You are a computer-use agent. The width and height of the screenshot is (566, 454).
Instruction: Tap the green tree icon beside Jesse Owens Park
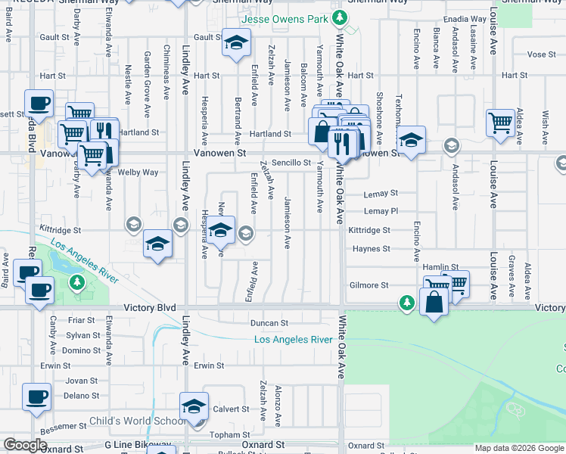(341, 17)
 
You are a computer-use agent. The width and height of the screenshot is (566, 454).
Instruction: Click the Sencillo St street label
(291, 163)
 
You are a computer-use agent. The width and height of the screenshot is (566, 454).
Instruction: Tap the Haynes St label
(370, 249)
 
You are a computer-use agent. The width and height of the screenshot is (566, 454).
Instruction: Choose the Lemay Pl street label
(380, 211)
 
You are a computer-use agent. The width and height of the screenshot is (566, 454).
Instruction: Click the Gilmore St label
(369, 285)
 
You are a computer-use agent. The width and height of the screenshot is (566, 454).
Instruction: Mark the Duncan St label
(269, 323)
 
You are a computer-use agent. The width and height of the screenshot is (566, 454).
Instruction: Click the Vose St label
(541, 54)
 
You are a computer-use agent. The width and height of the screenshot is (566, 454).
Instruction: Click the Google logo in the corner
(25, 445)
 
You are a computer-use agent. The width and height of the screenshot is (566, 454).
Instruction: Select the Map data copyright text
(518, 448)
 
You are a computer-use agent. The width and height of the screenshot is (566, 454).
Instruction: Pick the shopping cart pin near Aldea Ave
(501, 122)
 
